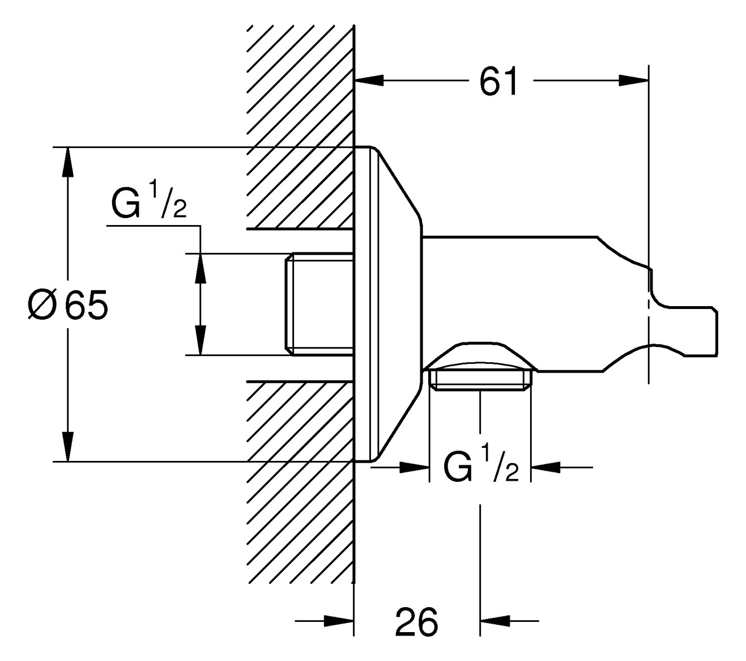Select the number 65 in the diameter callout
86,306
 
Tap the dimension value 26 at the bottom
416,622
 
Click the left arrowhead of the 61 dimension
369,81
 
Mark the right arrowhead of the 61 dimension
633,81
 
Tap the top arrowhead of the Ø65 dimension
68,162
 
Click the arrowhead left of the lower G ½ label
414,467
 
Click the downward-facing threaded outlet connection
480,379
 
